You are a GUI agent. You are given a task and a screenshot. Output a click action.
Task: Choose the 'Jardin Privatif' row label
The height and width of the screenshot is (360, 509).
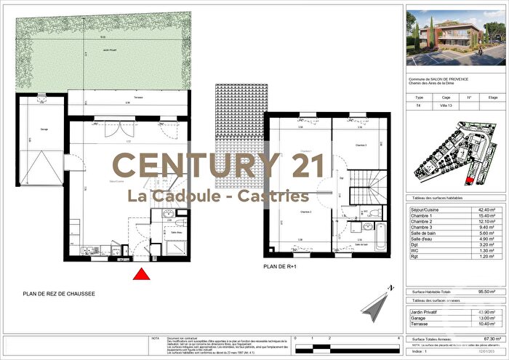tap(427, 311)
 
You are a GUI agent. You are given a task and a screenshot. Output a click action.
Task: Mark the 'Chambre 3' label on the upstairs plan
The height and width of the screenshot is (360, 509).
tap(361, 145)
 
